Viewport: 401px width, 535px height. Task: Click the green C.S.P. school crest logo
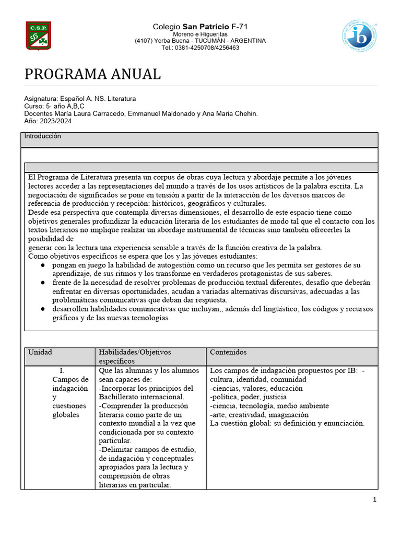(x=39, y=36)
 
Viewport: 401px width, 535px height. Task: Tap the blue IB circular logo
(x=360, y=36)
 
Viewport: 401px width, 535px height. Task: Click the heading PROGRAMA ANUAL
(x=92, y=74)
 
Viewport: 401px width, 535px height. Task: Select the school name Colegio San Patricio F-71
(x=200, y=26)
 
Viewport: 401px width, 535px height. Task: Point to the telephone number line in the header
(x=200, y=48)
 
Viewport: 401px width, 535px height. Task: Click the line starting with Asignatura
(x=80, y=98)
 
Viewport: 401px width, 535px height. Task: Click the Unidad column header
(x=40, y=353)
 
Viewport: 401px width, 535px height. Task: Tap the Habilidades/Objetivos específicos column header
(x=135, y=356)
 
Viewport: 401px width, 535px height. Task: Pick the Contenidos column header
(x=228, y=353)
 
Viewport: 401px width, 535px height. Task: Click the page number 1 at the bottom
(x=374, y=500)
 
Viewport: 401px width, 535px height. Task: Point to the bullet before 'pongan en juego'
(x=42, y=265)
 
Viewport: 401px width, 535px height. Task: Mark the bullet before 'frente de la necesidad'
(x=42, y=283)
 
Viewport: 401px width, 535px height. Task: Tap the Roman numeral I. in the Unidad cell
(x=62, y=370)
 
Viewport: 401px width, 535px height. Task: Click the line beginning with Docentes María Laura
(x=141, y=113)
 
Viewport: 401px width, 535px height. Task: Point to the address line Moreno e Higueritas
(x=200, y=34)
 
